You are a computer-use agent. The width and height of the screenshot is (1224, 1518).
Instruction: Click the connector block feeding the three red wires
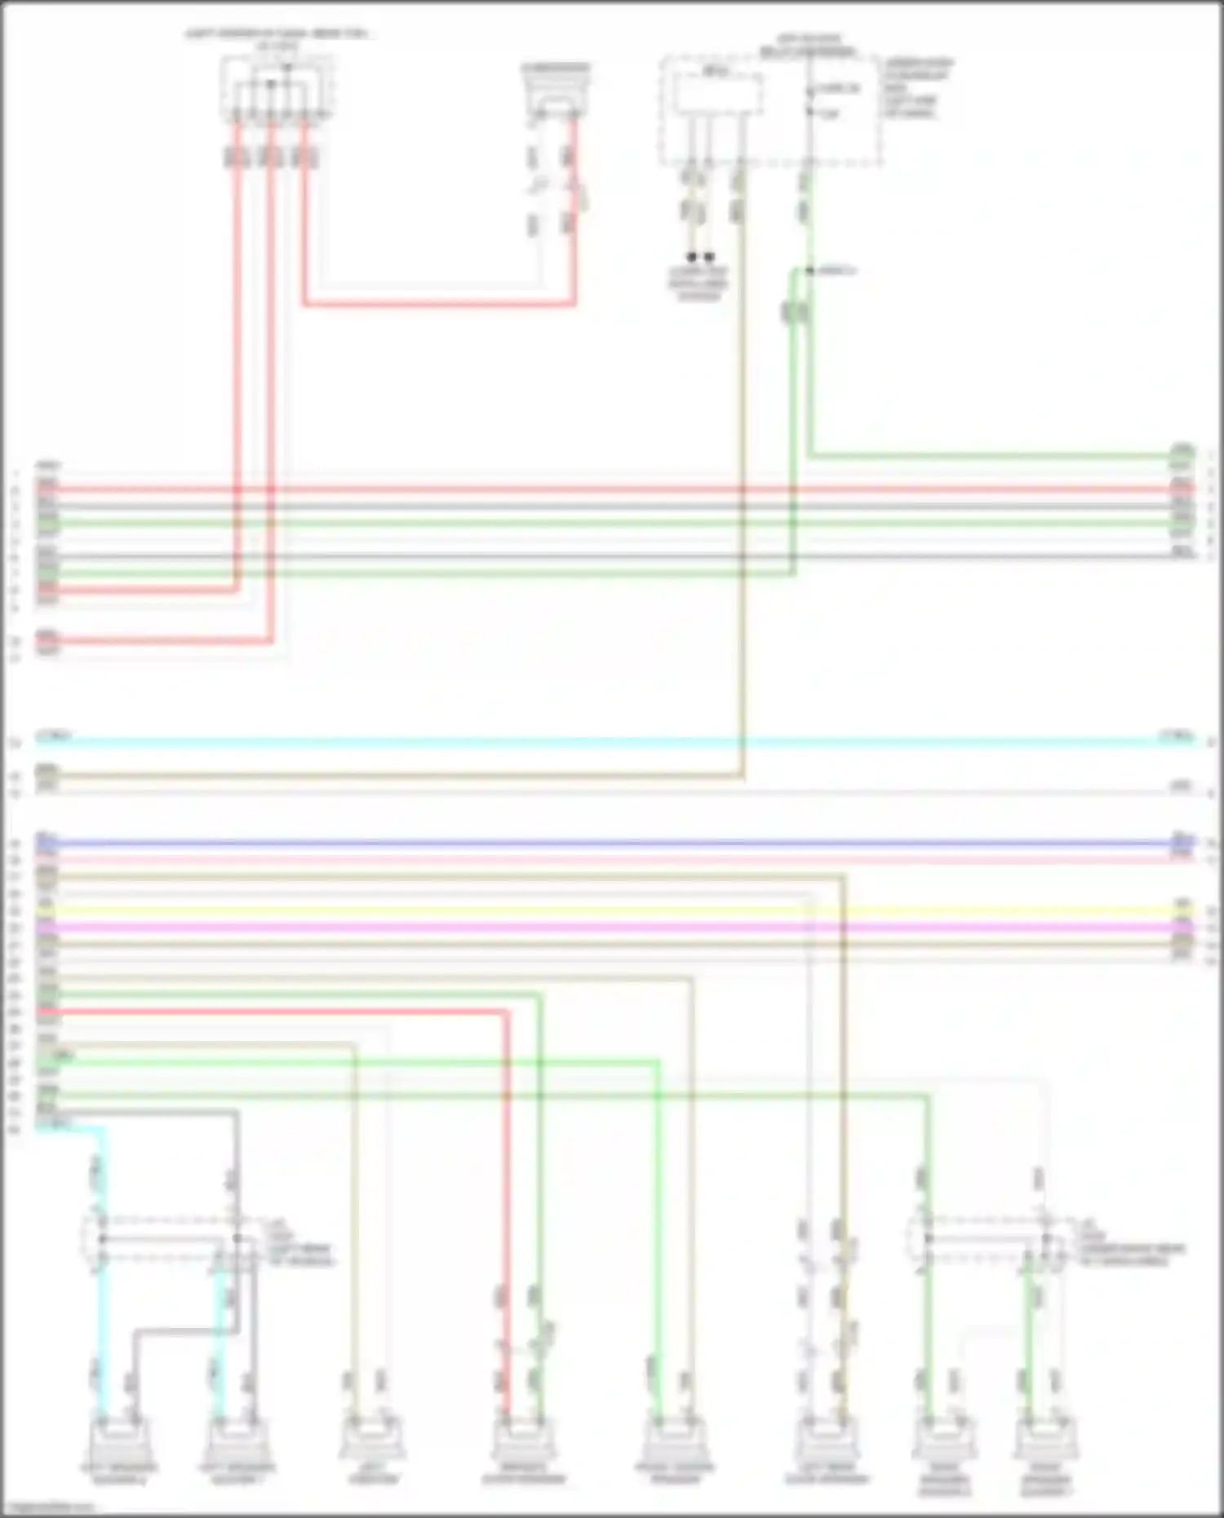pos(277,90)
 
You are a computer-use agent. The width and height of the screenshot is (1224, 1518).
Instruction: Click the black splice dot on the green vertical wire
pos(809,271)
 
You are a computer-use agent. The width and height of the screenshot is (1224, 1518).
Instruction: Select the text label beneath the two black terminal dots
pos(698,283)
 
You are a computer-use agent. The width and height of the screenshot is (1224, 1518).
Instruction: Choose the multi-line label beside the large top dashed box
pos(918,87)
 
